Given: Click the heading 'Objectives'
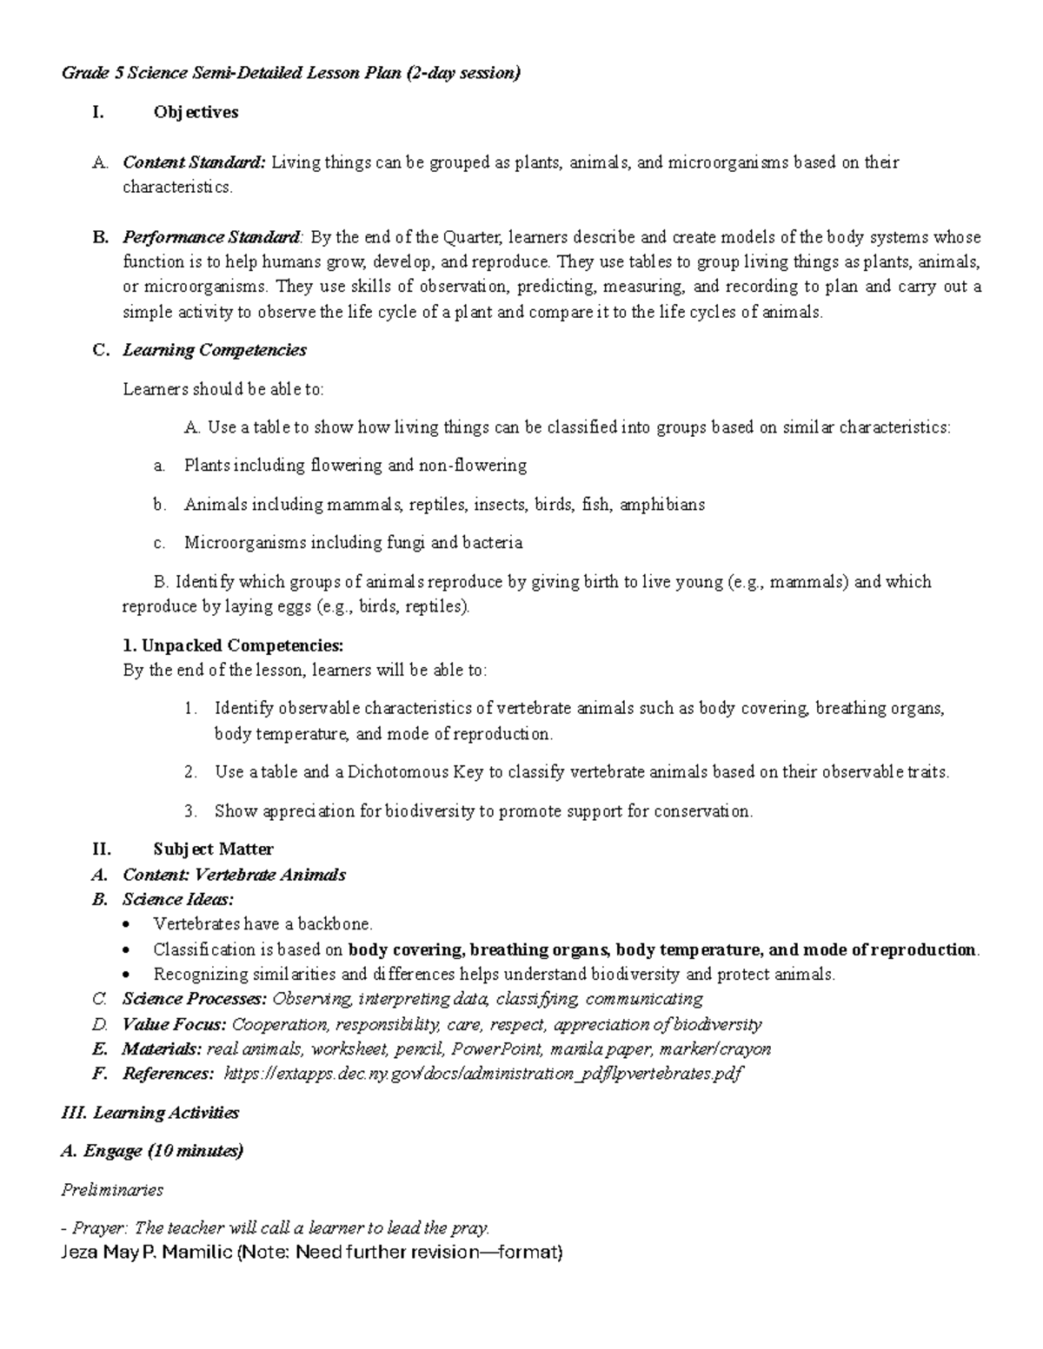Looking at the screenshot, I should tap(196, 112).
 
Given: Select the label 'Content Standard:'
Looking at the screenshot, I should tap(194, 162).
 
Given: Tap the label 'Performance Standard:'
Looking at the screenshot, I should tap(213, 237).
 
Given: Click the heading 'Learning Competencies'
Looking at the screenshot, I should tap(215, 350).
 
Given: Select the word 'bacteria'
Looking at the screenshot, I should tap(492, 543).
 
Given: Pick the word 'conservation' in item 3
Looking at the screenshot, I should tap(702, 811).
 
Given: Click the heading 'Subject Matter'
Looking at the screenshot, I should tap(213, 850).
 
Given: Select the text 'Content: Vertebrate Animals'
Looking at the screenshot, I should tap(234, 875).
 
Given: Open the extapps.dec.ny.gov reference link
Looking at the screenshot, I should tap(483, 1075).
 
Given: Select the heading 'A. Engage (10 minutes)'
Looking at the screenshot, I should tap(152, 1151).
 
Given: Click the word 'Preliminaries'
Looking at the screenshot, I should tap(112, 1189).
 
